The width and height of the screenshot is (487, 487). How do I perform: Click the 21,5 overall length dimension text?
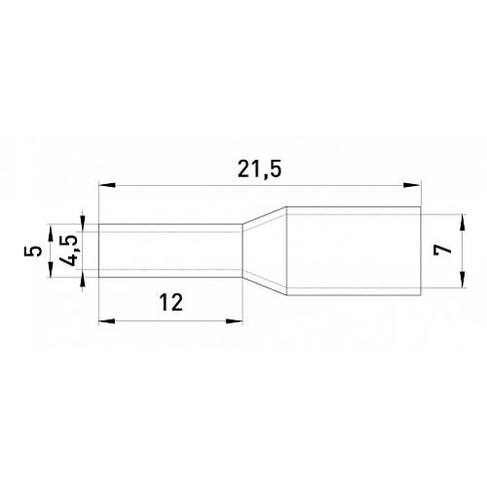coord(258,170)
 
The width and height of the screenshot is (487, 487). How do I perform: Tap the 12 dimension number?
coord(170,302)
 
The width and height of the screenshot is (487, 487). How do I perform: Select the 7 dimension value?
coord(443,249)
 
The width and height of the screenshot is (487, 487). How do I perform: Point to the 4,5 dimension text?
coord(68,250)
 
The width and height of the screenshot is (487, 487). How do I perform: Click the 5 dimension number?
coord(32,251)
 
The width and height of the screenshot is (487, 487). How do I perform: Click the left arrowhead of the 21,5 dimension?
coord(107,185)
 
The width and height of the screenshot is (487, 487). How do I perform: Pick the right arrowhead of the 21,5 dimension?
coord(412,185)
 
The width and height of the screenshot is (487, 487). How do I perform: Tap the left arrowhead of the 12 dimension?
coord(107,321)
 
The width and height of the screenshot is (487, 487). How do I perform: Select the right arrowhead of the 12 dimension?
coord(235,321)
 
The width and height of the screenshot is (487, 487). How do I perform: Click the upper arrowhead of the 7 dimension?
coord(463,223)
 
